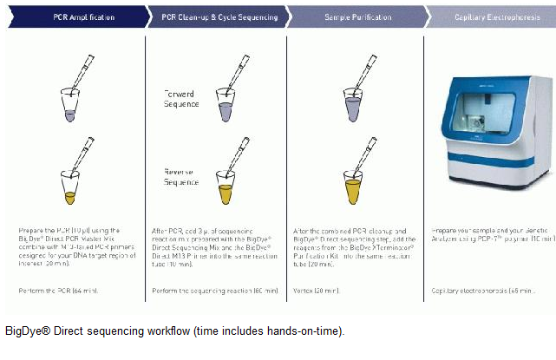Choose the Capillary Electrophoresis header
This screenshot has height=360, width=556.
[493, 16]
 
